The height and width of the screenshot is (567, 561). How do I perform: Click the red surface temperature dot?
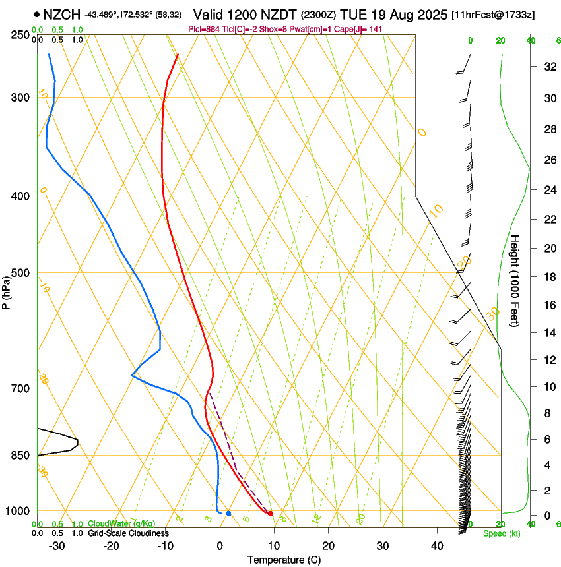[271, 513]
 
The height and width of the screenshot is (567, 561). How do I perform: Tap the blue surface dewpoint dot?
[228, 513]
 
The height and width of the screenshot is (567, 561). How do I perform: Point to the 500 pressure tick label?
[20, 273]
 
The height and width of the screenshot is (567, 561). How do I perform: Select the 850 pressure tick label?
[20, 455]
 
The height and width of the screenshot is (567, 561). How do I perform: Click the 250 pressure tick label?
[20, 34]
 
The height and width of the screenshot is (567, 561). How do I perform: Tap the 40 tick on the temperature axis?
[436, 545]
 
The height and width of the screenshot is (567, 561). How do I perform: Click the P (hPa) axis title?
[7, 289]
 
